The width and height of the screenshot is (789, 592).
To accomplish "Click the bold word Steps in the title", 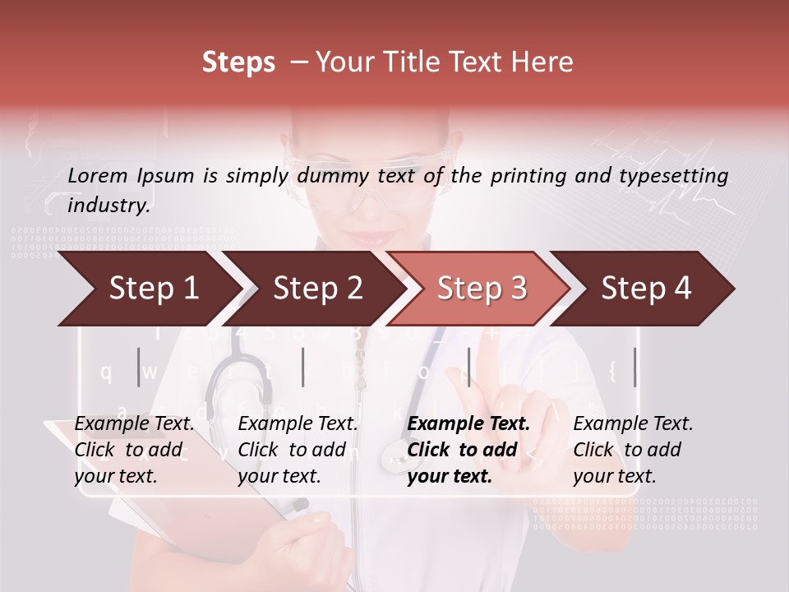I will click(238, 62).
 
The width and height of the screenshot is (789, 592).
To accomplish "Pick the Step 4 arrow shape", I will click(646, 289).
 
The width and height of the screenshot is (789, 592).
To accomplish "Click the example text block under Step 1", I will click(134, 450).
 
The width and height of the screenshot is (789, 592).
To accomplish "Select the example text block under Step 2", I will click(298, 450).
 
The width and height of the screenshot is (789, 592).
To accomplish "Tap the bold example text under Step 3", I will click(468, 450).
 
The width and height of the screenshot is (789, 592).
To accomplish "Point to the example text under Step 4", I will click(633, 450).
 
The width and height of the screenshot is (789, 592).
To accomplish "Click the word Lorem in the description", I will click(98, 175).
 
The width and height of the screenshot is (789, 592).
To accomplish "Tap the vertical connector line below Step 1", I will click(138, 367).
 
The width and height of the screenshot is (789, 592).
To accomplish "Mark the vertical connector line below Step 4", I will click(634, 367).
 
